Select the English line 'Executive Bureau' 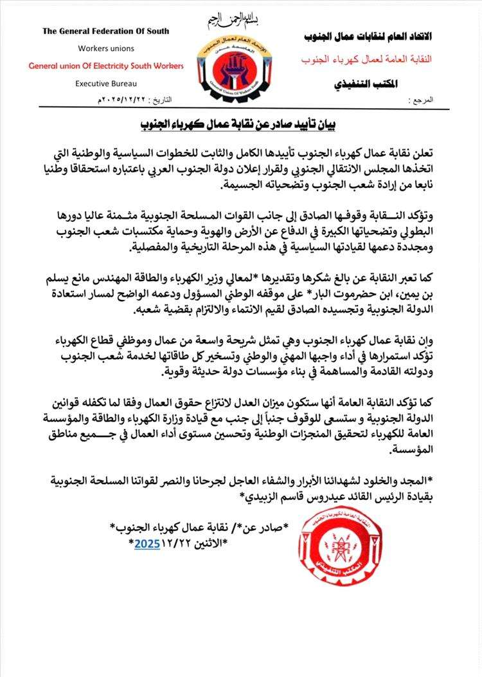[105, 83]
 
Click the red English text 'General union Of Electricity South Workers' [105, 66]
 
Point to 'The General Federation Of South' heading [105, 32]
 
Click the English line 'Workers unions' [105, 49]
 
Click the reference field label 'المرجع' [421, 102]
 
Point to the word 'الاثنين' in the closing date [210, 543]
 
